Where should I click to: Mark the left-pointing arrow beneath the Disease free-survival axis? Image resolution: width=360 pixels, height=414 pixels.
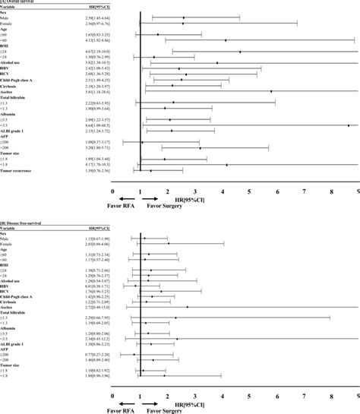(x=118, y=405)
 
